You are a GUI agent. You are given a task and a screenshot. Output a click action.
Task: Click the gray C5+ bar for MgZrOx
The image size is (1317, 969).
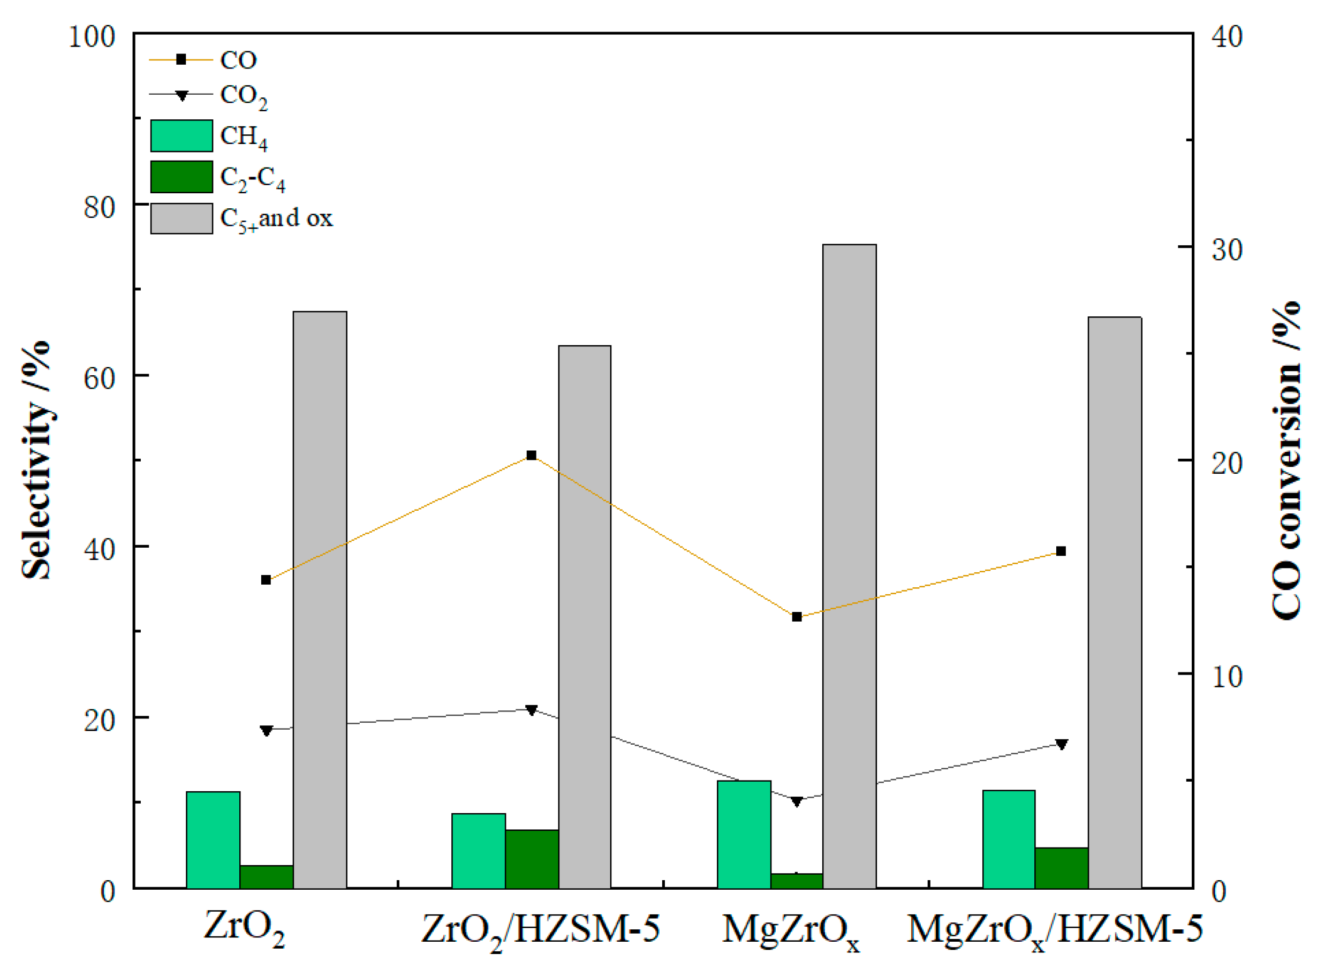pyautogui.click(x=849, y=565)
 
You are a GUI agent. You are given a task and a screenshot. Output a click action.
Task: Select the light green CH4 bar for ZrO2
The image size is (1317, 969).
pyautogui.click(x=213, y=839)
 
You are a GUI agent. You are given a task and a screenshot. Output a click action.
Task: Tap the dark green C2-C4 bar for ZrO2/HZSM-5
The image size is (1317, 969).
pyautogui.click(x=532, y=859)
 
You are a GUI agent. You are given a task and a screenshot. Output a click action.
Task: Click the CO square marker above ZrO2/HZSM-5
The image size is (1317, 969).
pyautogui.click(x=532, y=455)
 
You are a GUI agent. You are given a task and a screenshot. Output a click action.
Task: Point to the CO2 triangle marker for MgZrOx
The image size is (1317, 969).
pyautogui.click(x=797, y=801)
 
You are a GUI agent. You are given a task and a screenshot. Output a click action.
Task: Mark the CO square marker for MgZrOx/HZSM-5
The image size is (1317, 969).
pyautogui.click(x=1061, y=551)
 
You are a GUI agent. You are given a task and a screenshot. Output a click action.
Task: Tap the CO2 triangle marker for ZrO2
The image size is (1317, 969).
pyautogui.click(x=266, y=731)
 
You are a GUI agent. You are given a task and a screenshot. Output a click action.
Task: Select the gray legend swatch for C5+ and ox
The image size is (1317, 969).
pyautogui.click(x=181, y=218)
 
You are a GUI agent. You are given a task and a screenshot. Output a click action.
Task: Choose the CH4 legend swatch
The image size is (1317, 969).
pyautogui.click(x=181, y=135)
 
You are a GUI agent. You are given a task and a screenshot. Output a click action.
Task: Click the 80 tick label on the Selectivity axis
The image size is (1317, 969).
pyautogui.click(x=99, y=207)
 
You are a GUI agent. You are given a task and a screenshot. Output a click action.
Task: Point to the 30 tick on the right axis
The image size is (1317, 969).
pyautogui.click(x=1227, y=249)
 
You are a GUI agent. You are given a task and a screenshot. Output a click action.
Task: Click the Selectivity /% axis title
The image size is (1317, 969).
pyautogui.click(x=36, y=460)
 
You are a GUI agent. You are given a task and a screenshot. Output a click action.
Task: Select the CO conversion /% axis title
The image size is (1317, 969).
pyautogui.click(x=1286, y=460)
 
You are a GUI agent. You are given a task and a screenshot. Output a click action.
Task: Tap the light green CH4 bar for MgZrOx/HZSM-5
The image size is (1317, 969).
pyautogui.click(x=1009, y=839)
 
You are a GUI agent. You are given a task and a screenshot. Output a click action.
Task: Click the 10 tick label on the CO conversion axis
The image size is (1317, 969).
pyautogui.click(x=1227, y=676)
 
